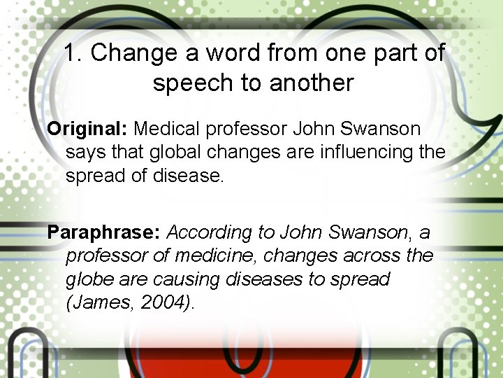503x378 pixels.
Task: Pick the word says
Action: (x=85, y=153)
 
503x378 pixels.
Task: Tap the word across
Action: (x=370, y=255)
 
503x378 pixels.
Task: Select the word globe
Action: (x=90, y=279)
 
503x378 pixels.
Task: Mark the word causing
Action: (x=189, y=279)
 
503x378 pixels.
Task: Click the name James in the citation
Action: (x=97, y=302)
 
